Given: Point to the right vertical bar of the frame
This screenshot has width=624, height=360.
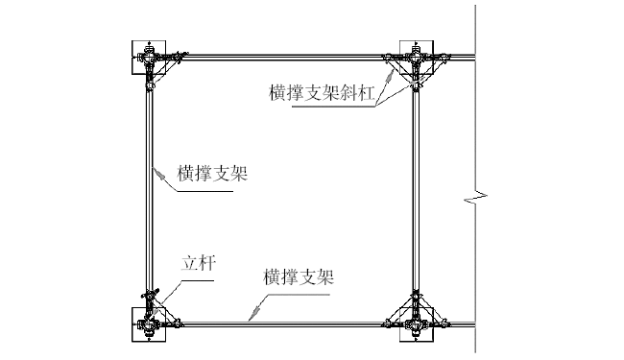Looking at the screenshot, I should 416,192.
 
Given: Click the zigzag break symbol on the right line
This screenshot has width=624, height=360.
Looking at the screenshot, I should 474,200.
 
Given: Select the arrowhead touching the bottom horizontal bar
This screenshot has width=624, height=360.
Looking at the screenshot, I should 252,318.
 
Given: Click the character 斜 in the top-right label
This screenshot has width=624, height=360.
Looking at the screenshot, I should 343,93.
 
